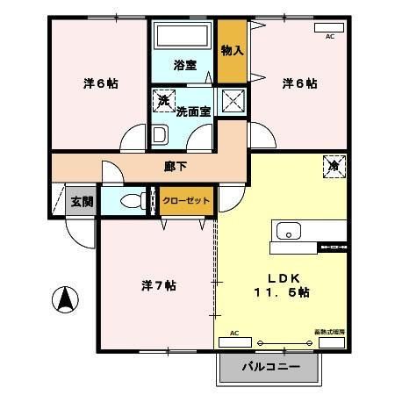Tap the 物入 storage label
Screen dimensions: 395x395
(232, 51)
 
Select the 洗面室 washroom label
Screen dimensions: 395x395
(193, 111)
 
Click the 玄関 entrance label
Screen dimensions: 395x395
(82, 201)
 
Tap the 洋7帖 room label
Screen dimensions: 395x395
(158, 286)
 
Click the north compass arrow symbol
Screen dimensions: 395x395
(65, 300)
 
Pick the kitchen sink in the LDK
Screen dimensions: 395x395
(290, 232)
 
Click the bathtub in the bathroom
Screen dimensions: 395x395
(183, 38)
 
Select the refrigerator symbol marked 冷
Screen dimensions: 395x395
(334, 164)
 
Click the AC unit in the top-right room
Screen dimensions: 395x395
(330, 27)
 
